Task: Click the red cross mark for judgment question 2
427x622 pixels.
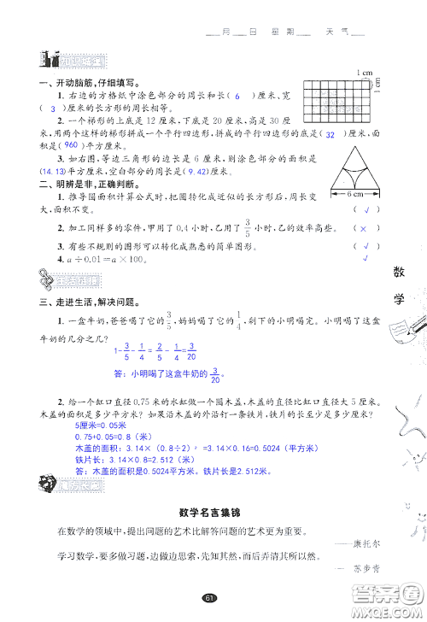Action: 363,230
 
